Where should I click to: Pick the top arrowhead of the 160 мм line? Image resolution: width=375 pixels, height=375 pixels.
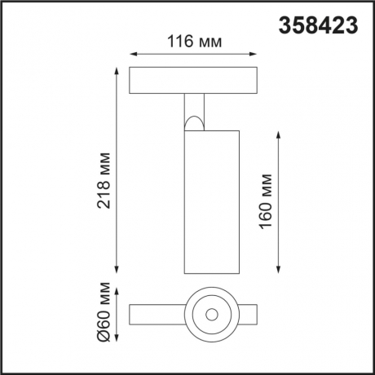point(280,130)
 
